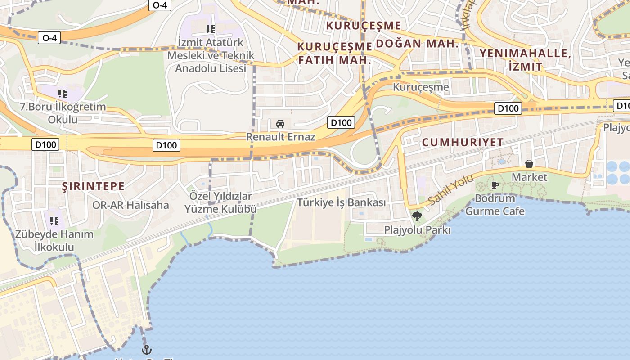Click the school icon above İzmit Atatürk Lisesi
(210, 29)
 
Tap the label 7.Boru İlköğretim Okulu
(63, 113)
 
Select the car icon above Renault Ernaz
(280, 123)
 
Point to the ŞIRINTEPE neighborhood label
(93, 186)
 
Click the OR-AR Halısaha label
(130, 206)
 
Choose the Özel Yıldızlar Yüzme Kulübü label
(220, 202)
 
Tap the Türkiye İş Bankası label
(341, 202)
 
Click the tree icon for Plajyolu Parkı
(417, 216)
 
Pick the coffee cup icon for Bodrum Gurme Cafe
(495, 185)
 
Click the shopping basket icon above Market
(529, 164)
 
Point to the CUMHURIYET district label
(463, 143)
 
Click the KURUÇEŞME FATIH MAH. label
(335, 53)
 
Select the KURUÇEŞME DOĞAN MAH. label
(391, 34)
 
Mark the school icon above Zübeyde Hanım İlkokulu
(54, 220)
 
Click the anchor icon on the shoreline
(146, 349)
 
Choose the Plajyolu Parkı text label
(417, 230)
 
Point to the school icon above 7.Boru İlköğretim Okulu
(63, 94)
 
